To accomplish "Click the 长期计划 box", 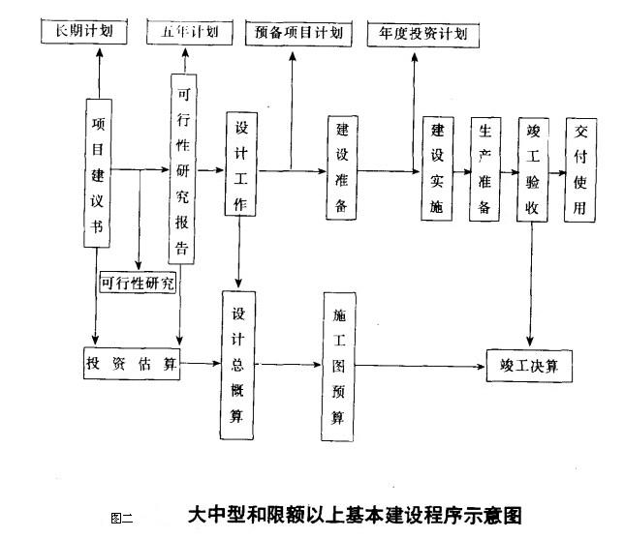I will (84, 32).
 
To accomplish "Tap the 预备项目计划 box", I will (299, 33).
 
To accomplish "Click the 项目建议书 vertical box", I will (98, 169).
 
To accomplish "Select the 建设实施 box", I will (437, 168).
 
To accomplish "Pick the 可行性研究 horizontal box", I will (138, 284).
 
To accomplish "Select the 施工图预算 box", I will (338, 365).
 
